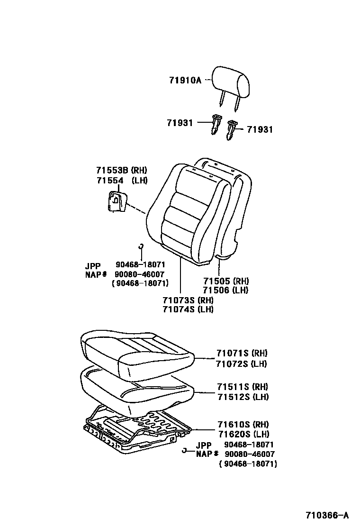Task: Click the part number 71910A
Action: click(x=185, y=80)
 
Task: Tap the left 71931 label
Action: click(x=180, y=123)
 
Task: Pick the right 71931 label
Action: click(x=260, y=129)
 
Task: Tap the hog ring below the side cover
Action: click(x=141, y=246)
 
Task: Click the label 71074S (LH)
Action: click(x=188, y=309)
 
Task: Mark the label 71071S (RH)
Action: click(x=242, y=354)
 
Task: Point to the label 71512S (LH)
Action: click(x=243, y=397)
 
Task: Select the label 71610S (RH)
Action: click(x=243, y=424)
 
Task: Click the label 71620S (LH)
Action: click(x=243, y=434)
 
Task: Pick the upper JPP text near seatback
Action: click(x=93, y=266)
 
